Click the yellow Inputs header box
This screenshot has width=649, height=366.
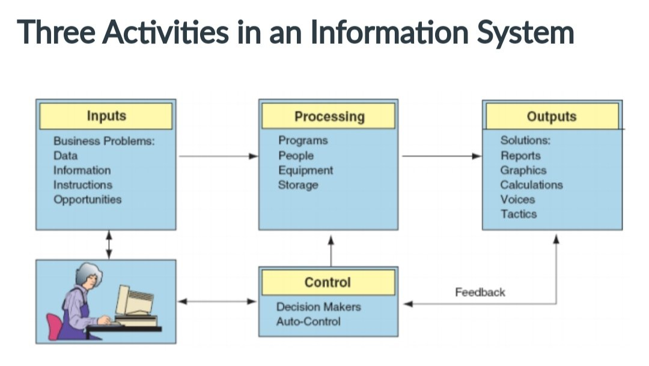[x=106, y=116]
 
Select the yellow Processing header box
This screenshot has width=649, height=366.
[x=329, y=116]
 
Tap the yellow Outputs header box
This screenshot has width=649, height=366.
[x=552, y=116]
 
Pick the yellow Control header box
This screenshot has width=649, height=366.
[x=328, y=282]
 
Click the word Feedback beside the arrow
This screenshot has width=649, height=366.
[x=480, y=293]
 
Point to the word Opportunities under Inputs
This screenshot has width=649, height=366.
[x=87, y=200]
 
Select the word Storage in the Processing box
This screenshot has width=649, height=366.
[x=298, y=185]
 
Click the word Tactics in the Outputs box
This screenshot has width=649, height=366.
[x=519, y=214]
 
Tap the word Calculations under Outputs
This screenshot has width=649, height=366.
[x=531, y=185]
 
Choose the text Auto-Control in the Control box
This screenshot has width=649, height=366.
[x=308, y=322]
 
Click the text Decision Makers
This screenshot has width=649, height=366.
[x=318, y=307]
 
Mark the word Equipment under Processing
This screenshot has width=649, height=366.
[x=305, y=170]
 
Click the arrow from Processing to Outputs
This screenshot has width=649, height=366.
[x=441, y=156]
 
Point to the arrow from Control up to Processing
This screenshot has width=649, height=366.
[x=330, y=250]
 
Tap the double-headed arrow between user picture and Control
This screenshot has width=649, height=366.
[x=217, y=302]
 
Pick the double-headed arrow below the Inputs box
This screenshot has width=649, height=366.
[x=109, y=245]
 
